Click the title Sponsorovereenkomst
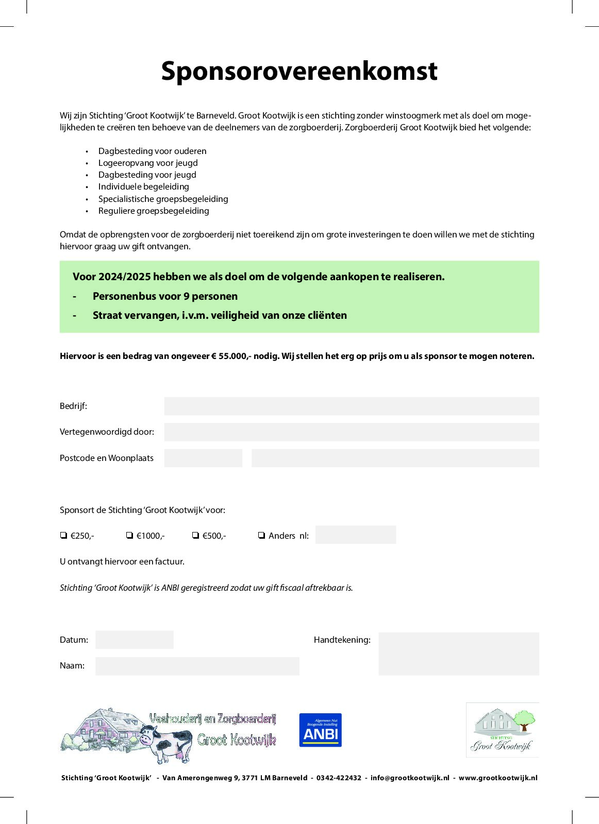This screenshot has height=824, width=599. pyautogui.click(x=299, y=71)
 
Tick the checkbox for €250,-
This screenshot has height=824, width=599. pyautogui.click(x=63, y=536)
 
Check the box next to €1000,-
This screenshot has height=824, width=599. pyautogui.click(x=129, y=536)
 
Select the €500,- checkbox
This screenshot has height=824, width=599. pyautogui.click(x=195, y=536)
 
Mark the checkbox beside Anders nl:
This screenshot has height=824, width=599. pyautogui.click(x=261, y=536)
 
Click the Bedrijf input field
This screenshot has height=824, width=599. pyautogui.click(x=351, y=406)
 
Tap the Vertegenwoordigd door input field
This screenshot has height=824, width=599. pyautogui.click(x=351, y=432)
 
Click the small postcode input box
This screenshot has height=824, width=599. pyautogui.click(x=203, y=458)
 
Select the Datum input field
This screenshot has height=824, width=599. pyautogui.click(x=134, y=640)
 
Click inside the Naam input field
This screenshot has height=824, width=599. pyautogui.click(x=197, y=666)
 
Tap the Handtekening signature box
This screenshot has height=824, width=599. pyautogui.click(x=458, y=654)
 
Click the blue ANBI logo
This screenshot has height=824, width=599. pyautogui.click(x=320, y=730)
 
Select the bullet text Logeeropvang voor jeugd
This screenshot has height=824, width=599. pyautogui.click(x=148, y=163)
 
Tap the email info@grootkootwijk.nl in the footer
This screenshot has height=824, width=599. pyautogui.click(x=410, y=778)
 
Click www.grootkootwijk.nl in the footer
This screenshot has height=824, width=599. pyautogui.click(x=498, y=778)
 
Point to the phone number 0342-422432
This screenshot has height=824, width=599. pyautogui.click(x=339, y=778)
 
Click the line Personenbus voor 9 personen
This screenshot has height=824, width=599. pyautogui.click(x=165, y=296)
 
